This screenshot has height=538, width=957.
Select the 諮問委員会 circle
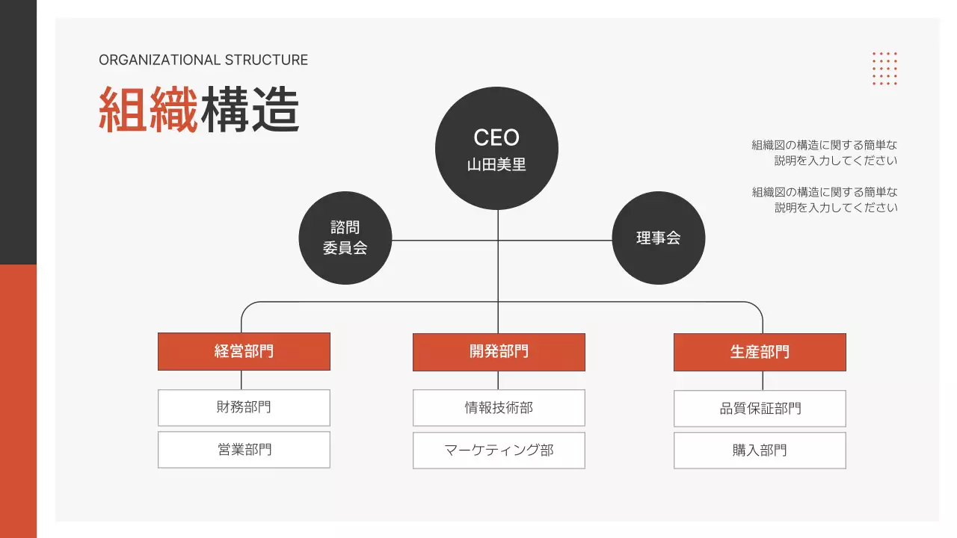[345, 238]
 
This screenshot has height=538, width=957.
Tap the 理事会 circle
[658, 238]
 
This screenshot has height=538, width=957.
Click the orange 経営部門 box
[244, 351]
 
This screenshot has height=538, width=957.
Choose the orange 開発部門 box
[499, 352]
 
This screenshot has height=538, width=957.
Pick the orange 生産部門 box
[760, 352]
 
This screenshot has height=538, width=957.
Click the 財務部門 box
[244, 407]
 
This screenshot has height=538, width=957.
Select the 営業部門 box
[244, 450]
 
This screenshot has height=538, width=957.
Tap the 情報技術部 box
[499, 408]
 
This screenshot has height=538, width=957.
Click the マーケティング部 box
[499, 450]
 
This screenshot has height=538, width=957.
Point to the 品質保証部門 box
[760, 409]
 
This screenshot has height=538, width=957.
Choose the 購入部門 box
[760, 451]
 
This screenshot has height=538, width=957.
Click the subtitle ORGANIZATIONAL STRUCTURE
[203, 61]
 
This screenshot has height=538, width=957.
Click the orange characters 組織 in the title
[149, 110]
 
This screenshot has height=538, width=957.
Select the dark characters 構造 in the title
[250, 110]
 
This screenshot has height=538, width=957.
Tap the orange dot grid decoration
[884, 68]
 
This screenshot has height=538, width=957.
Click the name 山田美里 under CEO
[496, 165]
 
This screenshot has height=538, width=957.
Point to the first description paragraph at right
[825, 152]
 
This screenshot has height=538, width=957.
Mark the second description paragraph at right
[825, 200]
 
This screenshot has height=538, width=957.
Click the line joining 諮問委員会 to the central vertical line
[445, 241]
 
